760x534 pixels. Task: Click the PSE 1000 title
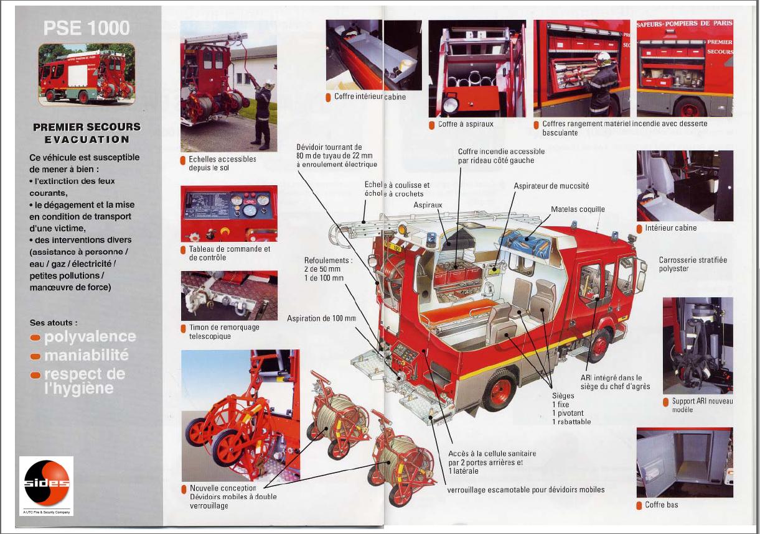click(87, 28)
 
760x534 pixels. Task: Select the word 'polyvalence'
click(90, 337)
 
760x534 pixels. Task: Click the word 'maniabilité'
click(86, 356)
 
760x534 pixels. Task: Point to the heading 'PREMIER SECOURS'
click(87, 127)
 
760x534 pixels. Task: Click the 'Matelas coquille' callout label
click(577, 209)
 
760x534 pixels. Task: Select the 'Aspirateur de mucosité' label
click(551, 186)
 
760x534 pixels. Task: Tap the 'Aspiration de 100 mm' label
click(321, 318)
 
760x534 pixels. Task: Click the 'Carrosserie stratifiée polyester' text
click(692, 264)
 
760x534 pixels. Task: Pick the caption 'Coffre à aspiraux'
click(465, 124)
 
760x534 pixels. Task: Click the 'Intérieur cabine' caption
click(670, 228)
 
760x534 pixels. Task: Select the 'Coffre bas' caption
click(661, 505)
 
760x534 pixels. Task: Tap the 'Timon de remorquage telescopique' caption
click(223, 332)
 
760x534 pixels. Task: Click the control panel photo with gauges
click(229, 213)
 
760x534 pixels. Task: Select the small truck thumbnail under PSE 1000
click(87, 73)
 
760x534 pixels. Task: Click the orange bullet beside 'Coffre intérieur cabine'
click(328, 97)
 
